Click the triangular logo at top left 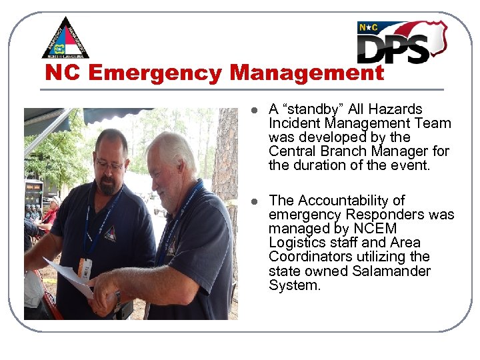(65, 39)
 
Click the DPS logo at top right (401, 41)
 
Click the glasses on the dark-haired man (109, 163)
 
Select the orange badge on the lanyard (84, 267)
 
